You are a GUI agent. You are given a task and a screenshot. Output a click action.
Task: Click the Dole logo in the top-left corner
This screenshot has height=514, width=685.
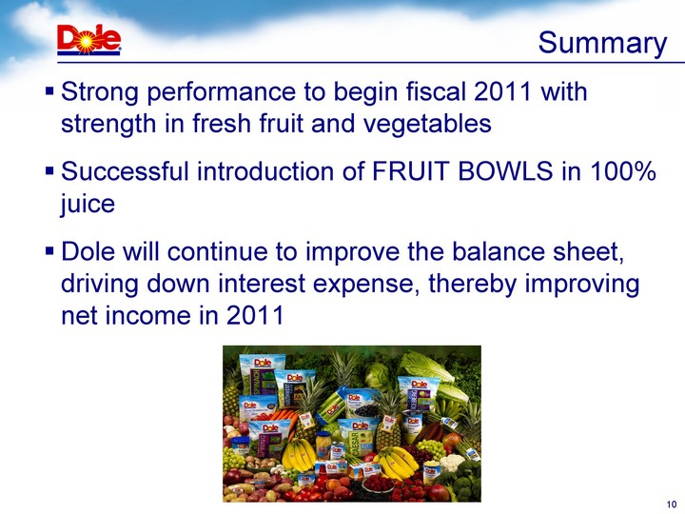pos(89,40)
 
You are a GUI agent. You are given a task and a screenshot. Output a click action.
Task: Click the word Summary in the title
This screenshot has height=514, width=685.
pos(602,44)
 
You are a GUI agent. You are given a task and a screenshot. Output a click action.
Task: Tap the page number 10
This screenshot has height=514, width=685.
pos(672,504)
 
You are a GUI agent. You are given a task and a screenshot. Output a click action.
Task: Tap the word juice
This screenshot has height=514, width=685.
pos(88,204)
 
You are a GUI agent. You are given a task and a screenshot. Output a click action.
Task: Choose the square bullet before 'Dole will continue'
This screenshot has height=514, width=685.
pos(49,251)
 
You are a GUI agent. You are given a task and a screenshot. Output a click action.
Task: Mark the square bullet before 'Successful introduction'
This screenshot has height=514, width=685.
pos(49,170)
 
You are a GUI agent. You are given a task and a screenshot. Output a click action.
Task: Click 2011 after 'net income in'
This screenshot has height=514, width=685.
pos(255,315)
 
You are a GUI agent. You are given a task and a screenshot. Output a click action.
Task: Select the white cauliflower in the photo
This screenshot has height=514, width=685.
pos(451,463)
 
